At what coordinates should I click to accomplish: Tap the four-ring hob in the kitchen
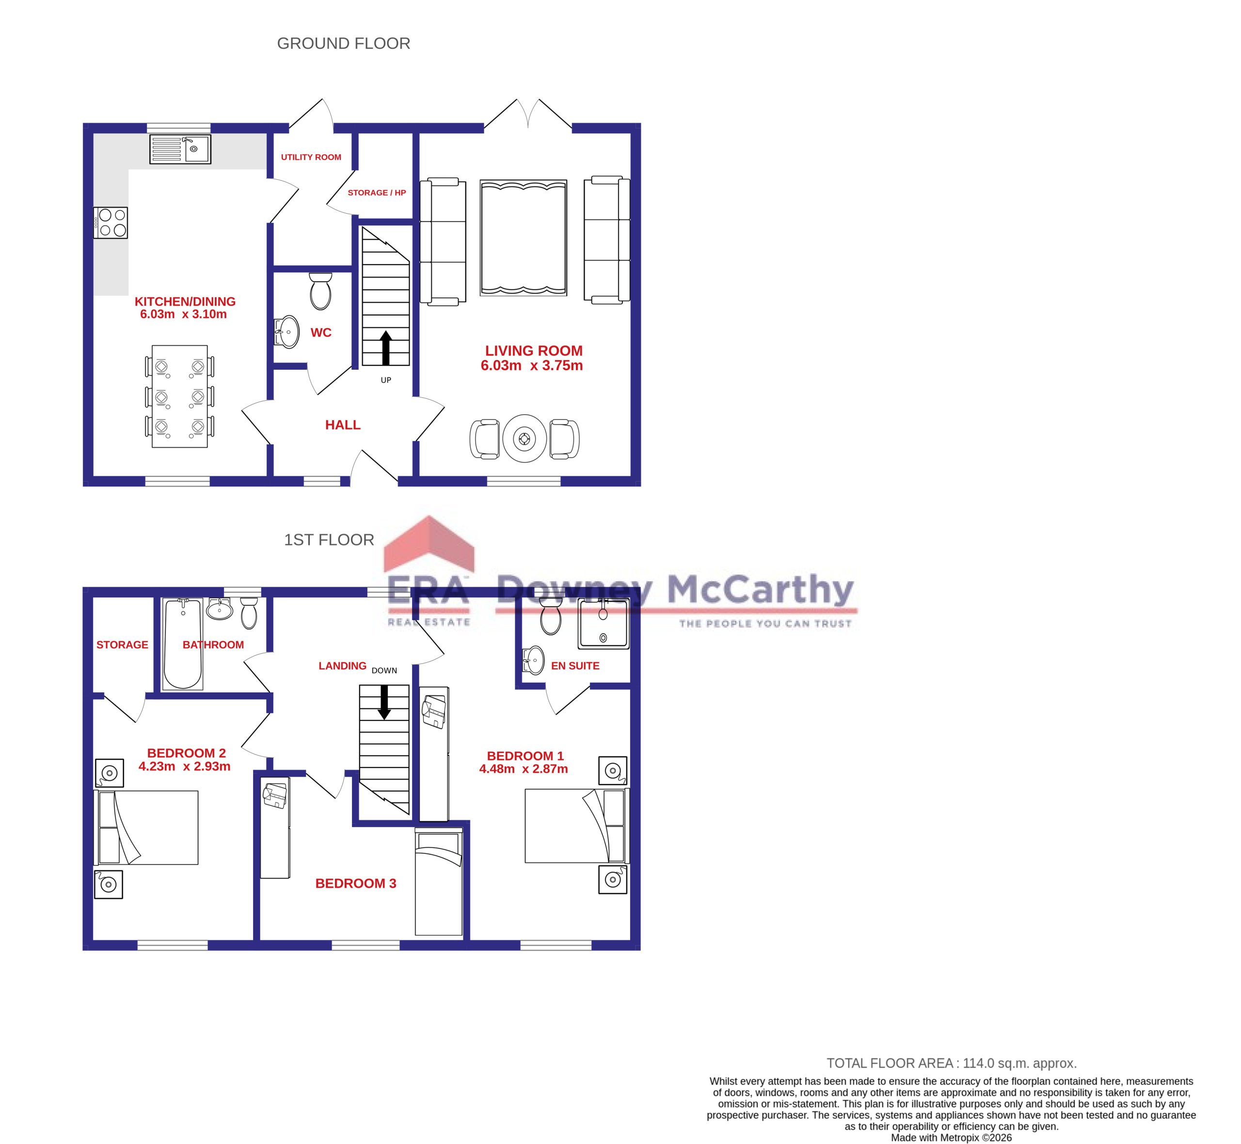(x=111, y=223)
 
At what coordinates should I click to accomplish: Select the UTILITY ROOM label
(x=311, y=157)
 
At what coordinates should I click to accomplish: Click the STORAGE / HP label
(x=377, y=192)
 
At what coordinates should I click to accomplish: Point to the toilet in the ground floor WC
(x=320, y=292)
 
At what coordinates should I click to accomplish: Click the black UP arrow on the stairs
(x=386, y=347)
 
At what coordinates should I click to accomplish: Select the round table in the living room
(x=525, y=439)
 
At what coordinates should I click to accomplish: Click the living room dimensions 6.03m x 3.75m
(x=531, y=366)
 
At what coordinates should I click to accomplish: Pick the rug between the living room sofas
(x=523, y=238)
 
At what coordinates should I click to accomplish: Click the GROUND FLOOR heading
(x=343, y=43)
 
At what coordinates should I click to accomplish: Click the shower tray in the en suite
(x=603, y=624)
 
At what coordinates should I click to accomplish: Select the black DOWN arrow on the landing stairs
(x=384, y=702)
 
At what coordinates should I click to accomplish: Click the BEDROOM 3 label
(x=355, y=883)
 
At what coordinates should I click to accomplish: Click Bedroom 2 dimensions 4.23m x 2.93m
(x=185, y=767)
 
